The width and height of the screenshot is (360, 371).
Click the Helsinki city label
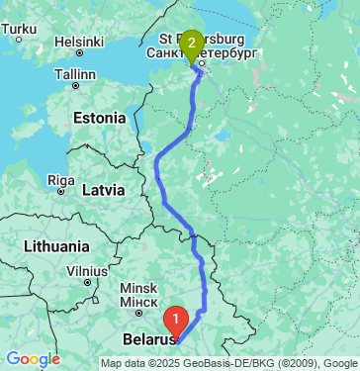80,42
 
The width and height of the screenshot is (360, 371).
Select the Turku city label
19,30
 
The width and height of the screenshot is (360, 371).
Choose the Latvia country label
103,189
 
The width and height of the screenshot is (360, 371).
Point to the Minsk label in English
137,287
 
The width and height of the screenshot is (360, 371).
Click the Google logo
33,359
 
